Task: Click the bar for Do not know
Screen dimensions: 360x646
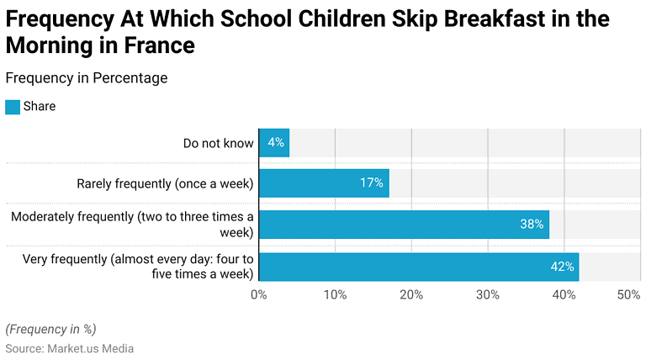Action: click(273, 143)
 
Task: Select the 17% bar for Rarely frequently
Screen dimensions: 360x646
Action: click(324, 183)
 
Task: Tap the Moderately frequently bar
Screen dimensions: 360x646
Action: click(404, 225)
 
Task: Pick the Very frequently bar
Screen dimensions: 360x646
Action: click(419, 266)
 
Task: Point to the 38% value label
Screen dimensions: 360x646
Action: click(532, 225)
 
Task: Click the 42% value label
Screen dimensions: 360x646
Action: click(562, 267)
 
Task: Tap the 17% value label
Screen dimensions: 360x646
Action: click(372, 183)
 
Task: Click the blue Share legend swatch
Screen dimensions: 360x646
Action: click(12, 107)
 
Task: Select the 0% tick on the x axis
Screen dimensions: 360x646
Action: click(259, 294)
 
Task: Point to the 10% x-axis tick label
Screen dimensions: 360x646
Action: click(335, 294)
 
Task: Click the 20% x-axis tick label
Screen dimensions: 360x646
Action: click(411, 294)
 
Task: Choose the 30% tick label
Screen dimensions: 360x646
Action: click(488, 294)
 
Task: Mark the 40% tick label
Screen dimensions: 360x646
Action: click(564, 294)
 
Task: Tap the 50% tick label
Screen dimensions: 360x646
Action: click(628, 294)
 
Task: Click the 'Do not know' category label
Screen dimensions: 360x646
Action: click(218, 143)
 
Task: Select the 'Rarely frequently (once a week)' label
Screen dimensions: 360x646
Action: click(165, 183)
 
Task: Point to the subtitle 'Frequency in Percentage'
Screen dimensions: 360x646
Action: click(86, 78)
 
